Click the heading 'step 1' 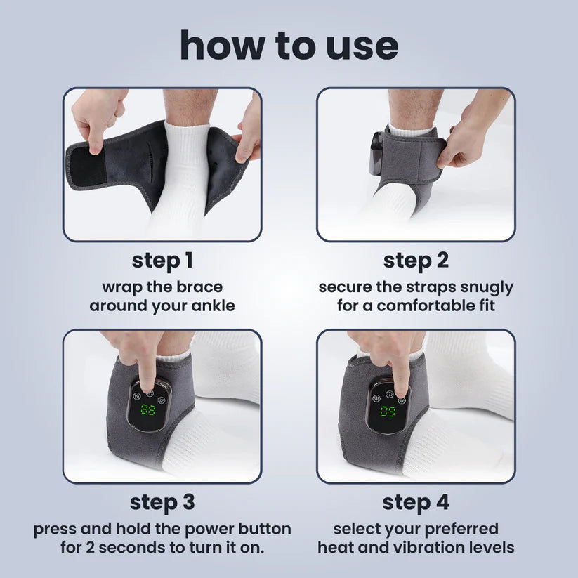pyautogui.click(x=162, y=261)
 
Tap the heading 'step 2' pyautogui.click(x=415, y=261)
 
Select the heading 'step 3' pyautogui.click(x=162, y=503)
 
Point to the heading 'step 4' pyautogui.click(x=415, y=503)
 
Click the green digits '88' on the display pyautogui.click(x=147, y=410)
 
